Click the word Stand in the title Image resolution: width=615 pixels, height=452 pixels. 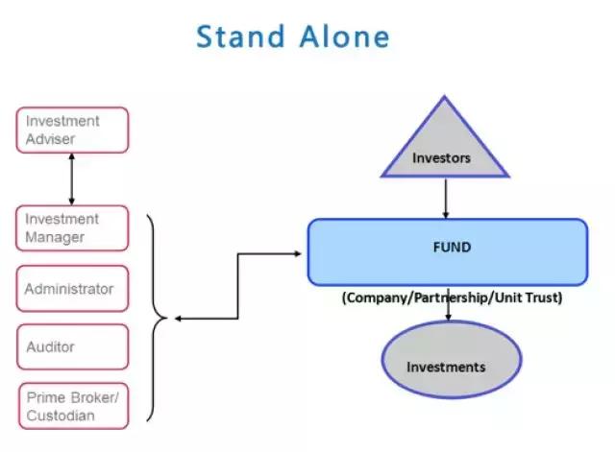pyautogui.click(x=241, y=36)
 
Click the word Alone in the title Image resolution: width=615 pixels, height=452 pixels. pyautogui.click(x=342, y=36)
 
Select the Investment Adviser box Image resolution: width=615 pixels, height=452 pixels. pyautogui.click(x=73, y=131)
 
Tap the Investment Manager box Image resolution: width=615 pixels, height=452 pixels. pyautogui.click(x=73, y=228)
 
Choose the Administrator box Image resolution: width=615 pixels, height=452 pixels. pyautogui.click(x=73, y=289)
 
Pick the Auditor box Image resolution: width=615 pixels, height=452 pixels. pyautogui.click(x=73, y=346)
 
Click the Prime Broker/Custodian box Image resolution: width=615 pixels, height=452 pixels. pyautogui.click(x=73, y=405)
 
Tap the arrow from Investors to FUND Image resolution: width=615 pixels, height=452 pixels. pyautogui.click(x=445, y=199)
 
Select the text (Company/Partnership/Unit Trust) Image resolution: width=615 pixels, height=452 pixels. pyautogui.click(x=451, y=297)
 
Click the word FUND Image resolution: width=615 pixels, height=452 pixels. pyautogui.click(x=452, y=247)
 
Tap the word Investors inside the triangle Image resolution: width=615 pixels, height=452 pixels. pyautogui.click(x=441, y=158)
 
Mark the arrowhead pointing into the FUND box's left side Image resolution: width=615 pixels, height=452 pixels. pyautogui.click(x=301, y=254)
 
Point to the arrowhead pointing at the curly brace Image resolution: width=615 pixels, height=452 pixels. pyautogui.click(x=178, y=319)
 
